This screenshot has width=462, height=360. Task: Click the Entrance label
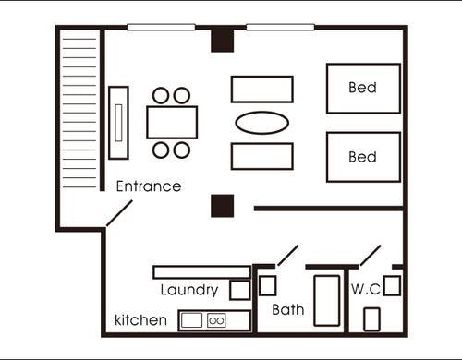149,186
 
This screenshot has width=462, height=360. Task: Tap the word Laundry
189,290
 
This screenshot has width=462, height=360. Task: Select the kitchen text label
140,320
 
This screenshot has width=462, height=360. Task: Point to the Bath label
288,309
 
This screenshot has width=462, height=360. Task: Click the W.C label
366,289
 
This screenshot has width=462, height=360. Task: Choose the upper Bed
363,89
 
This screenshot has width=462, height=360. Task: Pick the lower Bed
363,157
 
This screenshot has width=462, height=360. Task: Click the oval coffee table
262,123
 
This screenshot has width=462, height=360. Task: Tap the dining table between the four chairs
172,122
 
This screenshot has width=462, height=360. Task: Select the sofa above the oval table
262,89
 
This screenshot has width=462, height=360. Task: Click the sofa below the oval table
262,156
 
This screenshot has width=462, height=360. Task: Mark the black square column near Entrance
223,206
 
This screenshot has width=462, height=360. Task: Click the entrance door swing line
119,213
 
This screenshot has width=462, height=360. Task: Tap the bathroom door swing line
288,255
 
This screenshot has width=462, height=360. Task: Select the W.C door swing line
371,255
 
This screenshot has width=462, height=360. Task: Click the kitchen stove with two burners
216,321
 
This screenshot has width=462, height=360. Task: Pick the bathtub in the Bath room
327,300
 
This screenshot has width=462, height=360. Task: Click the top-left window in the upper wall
161,28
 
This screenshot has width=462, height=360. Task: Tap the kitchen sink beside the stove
191,320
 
